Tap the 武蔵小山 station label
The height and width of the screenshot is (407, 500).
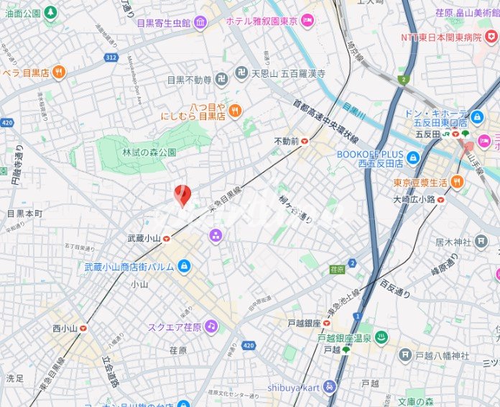click(143, 238)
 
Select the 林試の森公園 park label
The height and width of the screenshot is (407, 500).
click(149, 152)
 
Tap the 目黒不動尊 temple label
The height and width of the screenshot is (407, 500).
click(189, 79)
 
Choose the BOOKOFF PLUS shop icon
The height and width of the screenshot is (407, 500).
click(412, 157)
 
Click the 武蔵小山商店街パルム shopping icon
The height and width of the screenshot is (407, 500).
click(185, 267)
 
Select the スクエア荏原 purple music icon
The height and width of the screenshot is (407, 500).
click(210, 326)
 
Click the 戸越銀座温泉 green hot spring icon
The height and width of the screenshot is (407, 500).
click(381, 337)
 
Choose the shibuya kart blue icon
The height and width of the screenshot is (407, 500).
click(330, 386)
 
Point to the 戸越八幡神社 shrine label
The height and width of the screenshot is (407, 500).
click(443, 355)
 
